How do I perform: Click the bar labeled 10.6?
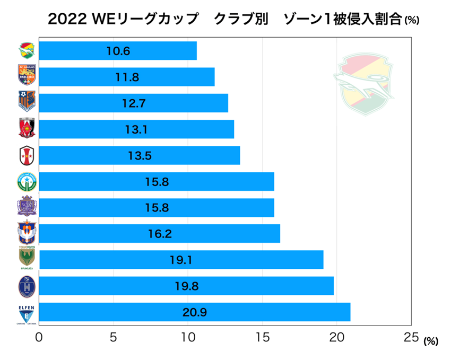tap(118, 51)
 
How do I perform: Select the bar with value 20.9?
tap(194, 312)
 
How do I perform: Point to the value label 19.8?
tap(186, 286)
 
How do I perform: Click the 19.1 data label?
tap(180, 260)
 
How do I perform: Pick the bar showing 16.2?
tap(159, 234)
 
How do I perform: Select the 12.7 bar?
tap(133, 103)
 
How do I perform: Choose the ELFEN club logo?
tap(26, 312)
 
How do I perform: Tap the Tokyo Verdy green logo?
tap(26, 259)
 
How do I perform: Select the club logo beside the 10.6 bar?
tap(26, 51)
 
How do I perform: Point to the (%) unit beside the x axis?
tap(430, 342)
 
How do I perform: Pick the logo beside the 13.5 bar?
tap(26, 155)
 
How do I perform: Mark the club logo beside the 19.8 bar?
tap(26, 286)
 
